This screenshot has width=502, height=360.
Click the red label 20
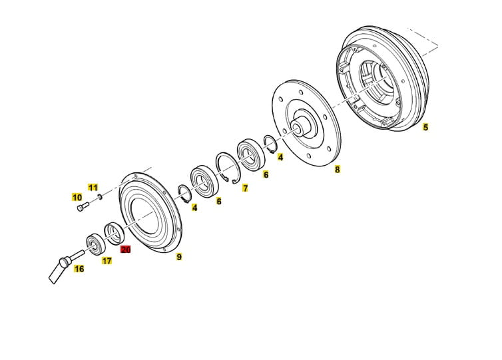[x=125, y=249]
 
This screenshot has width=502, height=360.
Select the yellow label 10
[x=77, y=198]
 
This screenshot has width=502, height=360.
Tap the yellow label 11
[x=93, y=188]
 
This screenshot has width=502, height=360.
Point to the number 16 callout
[x=79, y=269]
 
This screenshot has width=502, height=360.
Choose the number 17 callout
[x=107, y=261]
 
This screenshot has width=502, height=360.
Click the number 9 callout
[x=179, y=257]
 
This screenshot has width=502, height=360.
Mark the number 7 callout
[x=245, y=188]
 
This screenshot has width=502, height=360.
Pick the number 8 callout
[x=338, y=169]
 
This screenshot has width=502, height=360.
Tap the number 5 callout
[x=425, y=127]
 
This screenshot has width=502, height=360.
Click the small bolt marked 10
[x=83, y=206]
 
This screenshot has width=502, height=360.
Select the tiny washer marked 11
[x=100, y=196]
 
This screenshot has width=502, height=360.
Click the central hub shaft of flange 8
[x=300, y=125]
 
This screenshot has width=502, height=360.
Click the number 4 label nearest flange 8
[x=280, y=157]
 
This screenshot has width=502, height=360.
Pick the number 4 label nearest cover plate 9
[x=194, y=208]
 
